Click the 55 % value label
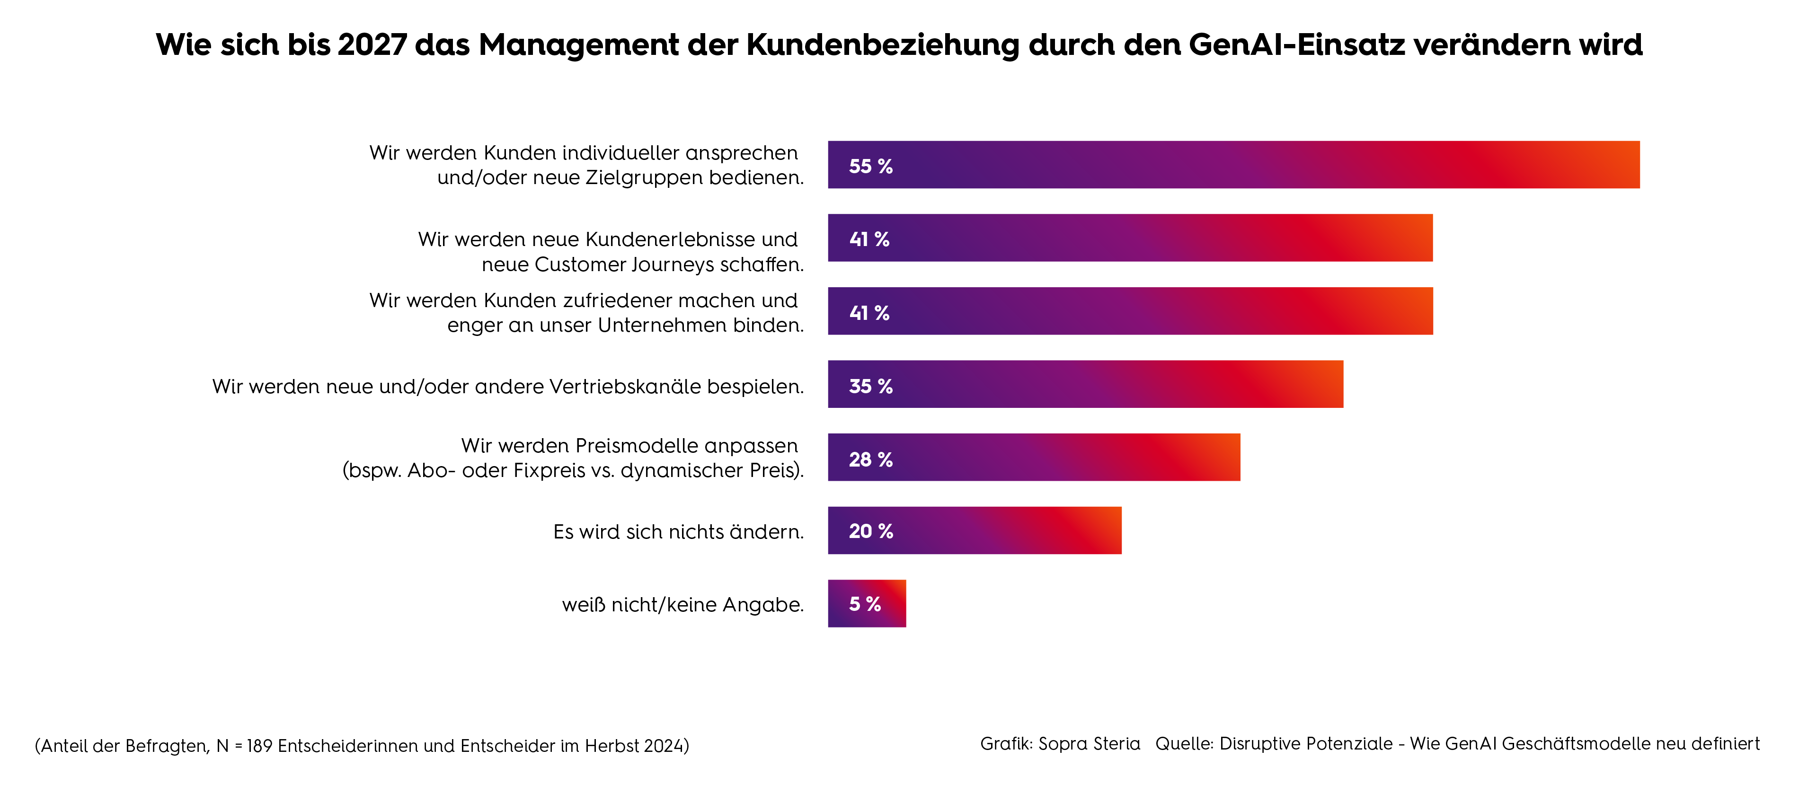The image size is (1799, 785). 870,166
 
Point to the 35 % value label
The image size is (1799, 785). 870,386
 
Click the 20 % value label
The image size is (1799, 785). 870,531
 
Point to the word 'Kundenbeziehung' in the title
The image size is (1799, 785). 883,44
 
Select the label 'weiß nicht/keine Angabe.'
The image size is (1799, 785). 682,605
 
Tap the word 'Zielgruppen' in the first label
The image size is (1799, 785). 643,178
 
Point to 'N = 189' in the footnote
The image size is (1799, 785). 244,746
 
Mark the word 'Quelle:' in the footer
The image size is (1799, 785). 1185,744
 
